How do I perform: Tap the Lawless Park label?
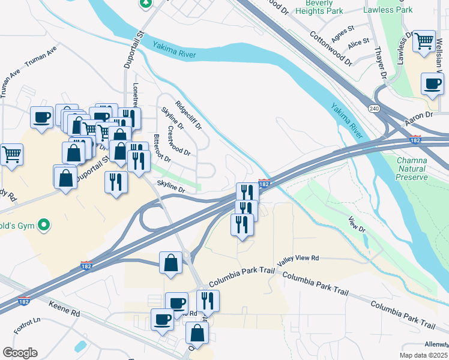[388, 10]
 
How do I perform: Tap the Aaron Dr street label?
[418, 118]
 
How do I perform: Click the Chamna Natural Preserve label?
[412, 169]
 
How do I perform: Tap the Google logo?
[20, 353]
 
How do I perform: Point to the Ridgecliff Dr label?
[188, 115]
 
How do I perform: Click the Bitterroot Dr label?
[162, 149]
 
